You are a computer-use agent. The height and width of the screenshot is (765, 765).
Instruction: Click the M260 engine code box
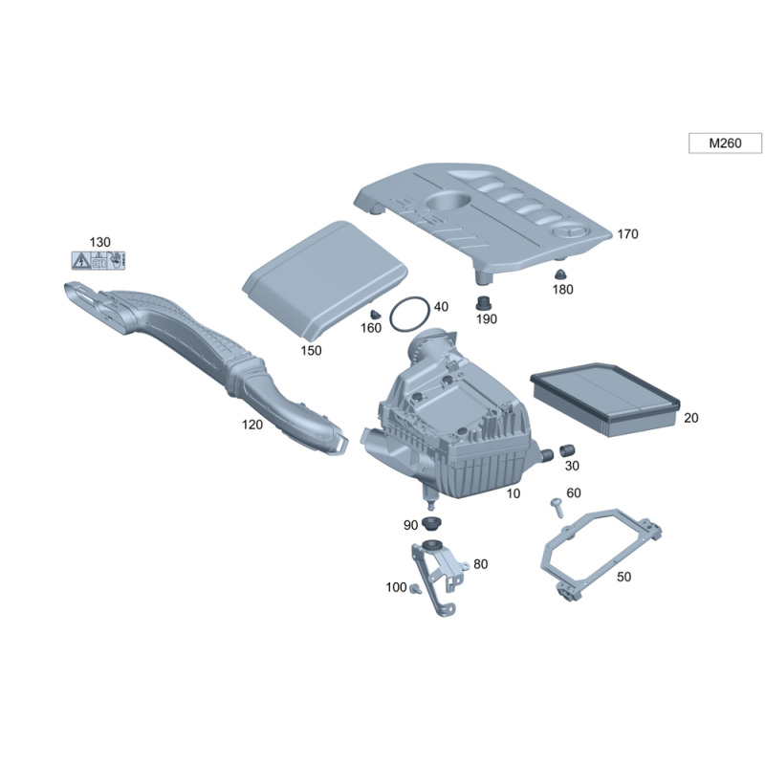pos(725,142)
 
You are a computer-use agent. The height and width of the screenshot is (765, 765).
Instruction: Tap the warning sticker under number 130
pos(98,260)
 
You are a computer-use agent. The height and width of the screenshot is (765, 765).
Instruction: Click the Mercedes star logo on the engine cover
pos(570,232)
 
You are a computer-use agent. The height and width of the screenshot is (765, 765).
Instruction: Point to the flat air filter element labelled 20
pos(605,399)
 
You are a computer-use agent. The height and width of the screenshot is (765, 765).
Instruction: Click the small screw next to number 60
pos(557,508)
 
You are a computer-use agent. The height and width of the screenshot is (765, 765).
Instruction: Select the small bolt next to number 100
pos(415,588)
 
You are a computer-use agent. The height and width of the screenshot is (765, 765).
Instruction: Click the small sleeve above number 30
pos(566,450)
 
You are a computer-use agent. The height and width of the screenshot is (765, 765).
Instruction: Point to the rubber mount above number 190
pos(484,303)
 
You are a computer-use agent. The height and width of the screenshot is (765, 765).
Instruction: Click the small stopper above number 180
pos(560,274)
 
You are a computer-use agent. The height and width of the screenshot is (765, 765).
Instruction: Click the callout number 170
pos(627,234)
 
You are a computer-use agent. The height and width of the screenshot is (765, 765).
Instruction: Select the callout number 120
pos(252,425)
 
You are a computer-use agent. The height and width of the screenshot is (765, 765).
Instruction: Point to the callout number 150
pos(311,350)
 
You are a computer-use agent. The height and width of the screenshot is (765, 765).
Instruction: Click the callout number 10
pos(514,493)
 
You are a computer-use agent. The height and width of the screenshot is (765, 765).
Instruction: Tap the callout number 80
pos(481,564)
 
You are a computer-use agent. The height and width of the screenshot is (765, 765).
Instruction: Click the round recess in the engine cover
pos(448,202)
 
